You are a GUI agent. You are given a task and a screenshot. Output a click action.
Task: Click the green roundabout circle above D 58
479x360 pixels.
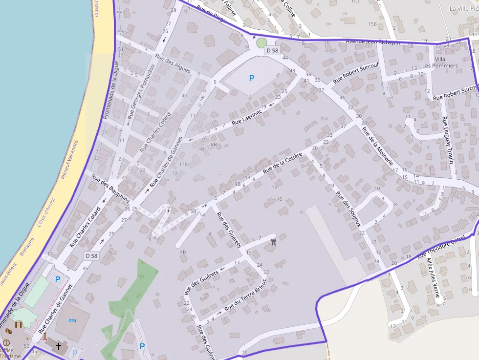(261, 43)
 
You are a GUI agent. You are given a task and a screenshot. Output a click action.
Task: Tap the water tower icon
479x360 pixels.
(273, 241)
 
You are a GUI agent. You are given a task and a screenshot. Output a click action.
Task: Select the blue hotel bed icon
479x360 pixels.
(72, 320)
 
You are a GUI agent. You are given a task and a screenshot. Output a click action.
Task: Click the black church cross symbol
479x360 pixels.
(59, 346)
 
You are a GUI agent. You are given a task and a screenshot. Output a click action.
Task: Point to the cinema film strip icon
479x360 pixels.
(19, 325)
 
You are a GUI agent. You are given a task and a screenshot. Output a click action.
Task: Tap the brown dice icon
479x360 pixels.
(8, 332)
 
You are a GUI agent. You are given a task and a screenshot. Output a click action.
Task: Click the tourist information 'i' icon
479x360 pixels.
(6, 343)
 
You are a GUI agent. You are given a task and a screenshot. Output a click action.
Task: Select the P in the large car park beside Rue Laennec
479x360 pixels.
(252, 78)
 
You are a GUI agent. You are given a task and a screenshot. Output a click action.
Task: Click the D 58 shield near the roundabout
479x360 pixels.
(272, 51)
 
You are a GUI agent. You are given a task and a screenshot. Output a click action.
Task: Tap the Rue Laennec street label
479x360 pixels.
(247, 117)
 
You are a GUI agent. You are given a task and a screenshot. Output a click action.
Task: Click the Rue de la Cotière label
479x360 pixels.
(283, 163)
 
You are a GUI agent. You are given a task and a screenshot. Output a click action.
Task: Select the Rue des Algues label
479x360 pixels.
(173, 63)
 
